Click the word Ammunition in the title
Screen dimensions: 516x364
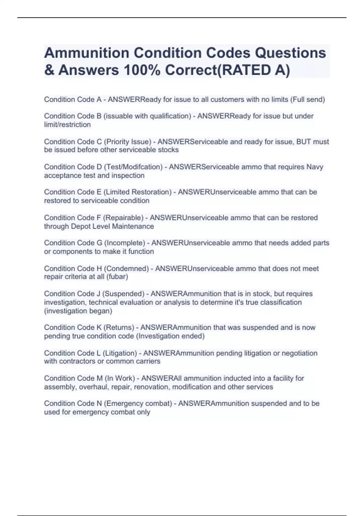click(86, 53)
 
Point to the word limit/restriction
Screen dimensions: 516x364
click(67, 125)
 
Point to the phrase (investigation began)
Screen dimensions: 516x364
click(78, 311)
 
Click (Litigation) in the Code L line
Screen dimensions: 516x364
click(120, 353)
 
